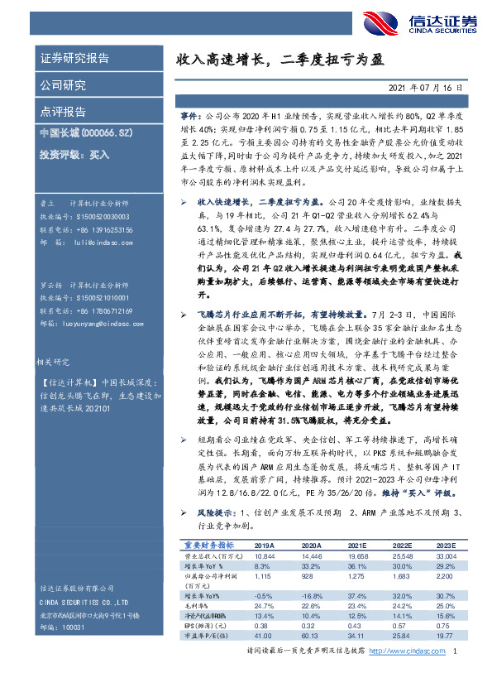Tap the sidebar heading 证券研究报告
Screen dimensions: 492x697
[x=74, y=59]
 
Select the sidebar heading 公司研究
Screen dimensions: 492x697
[x=63, y=84]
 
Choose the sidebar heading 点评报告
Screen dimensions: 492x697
[x=63, y=111]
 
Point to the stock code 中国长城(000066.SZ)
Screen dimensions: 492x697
[x=80, y=132]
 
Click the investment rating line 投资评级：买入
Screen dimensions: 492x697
[x=74, y=154]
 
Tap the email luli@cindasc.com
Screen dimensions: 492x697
[x=98, y=244]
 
